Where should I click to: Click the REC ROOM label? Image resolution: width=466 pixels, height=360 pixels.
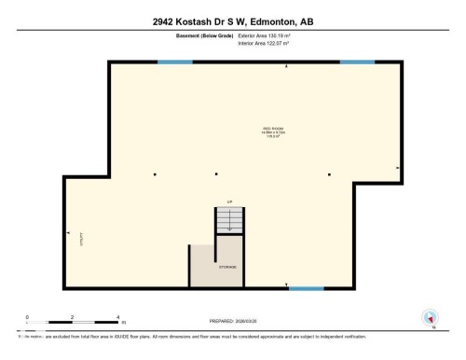[274, 132]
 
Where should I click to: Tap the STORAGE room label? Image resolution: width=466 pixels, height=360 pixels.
[227, 268]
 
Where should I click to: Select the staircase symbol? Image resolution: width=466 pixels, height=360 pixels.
[227, 222]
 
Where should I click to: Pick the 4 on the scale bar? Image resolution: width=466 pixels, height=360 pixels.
[118, 317]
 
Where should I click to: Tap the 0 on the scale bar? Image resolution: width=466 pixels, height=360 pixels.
[27, 317]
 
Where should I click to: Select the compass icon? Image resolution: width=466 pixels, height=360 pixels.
[430, 317]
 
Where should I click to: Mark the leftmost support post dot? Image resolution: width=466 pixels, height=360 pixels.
[155, 174]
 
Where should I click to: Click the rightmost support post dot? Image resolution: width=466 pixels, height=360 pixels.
[330, 174]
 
